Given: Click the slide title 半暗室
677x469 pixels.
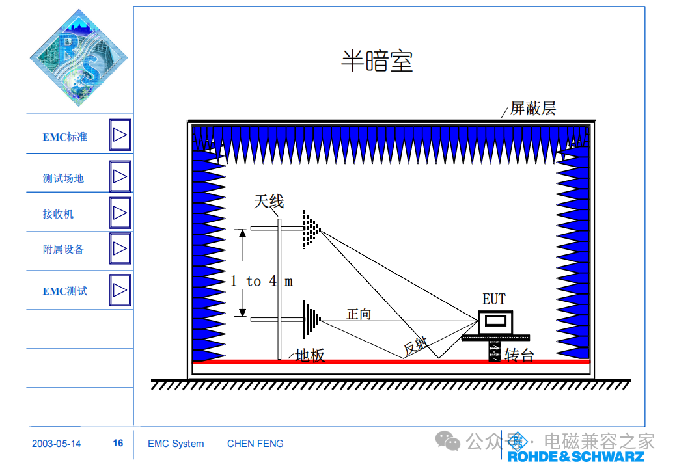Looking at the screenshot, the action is [377, 61].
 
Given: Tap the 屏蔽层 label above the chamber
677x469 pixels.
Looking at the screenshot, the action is [532, 108].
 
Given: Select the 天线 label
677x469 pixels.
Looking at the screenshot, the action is [269, 201].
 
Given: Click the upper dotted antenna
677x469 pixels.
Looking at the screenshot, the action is [311, 230].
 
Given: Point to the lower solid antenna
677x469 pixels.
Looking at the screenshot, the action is [311, 319].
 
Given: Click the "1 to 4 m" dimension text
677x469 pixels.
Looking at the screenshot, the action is [262, 281].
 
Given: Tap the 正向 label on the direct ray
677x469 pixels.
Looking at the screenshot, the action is [359, 314].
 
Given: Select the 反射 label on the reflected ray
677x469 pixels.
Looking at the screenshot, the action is [415, 346].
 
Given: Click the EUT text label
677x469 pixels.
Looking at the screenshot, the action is [494, 299].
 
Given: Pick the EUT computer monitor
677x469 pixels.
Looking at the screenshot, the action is [495, 322].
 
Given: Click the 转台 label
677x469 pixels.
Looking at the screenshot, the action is [519, 356].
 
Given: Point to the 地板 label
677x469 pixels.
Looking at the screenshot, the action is [310, 355].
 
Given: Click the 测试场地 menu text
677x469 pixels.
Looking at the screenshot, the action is [63, 178].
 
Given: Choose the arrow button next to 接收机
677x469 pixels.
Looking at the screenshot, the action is [120, 213].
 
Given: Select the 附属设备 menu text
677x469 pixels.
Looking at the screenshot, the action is [63, 249].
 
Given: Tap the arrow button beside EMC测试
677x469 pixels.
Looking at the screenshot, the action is [120, 290].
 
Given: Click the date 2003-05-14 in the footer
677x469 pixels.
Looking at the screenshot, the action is [56, 444].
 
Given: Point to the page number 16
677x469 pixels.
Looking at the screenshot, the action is [118, 443].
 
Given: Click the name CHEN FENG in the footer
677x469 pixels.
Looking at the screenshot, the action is [255, 444].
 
